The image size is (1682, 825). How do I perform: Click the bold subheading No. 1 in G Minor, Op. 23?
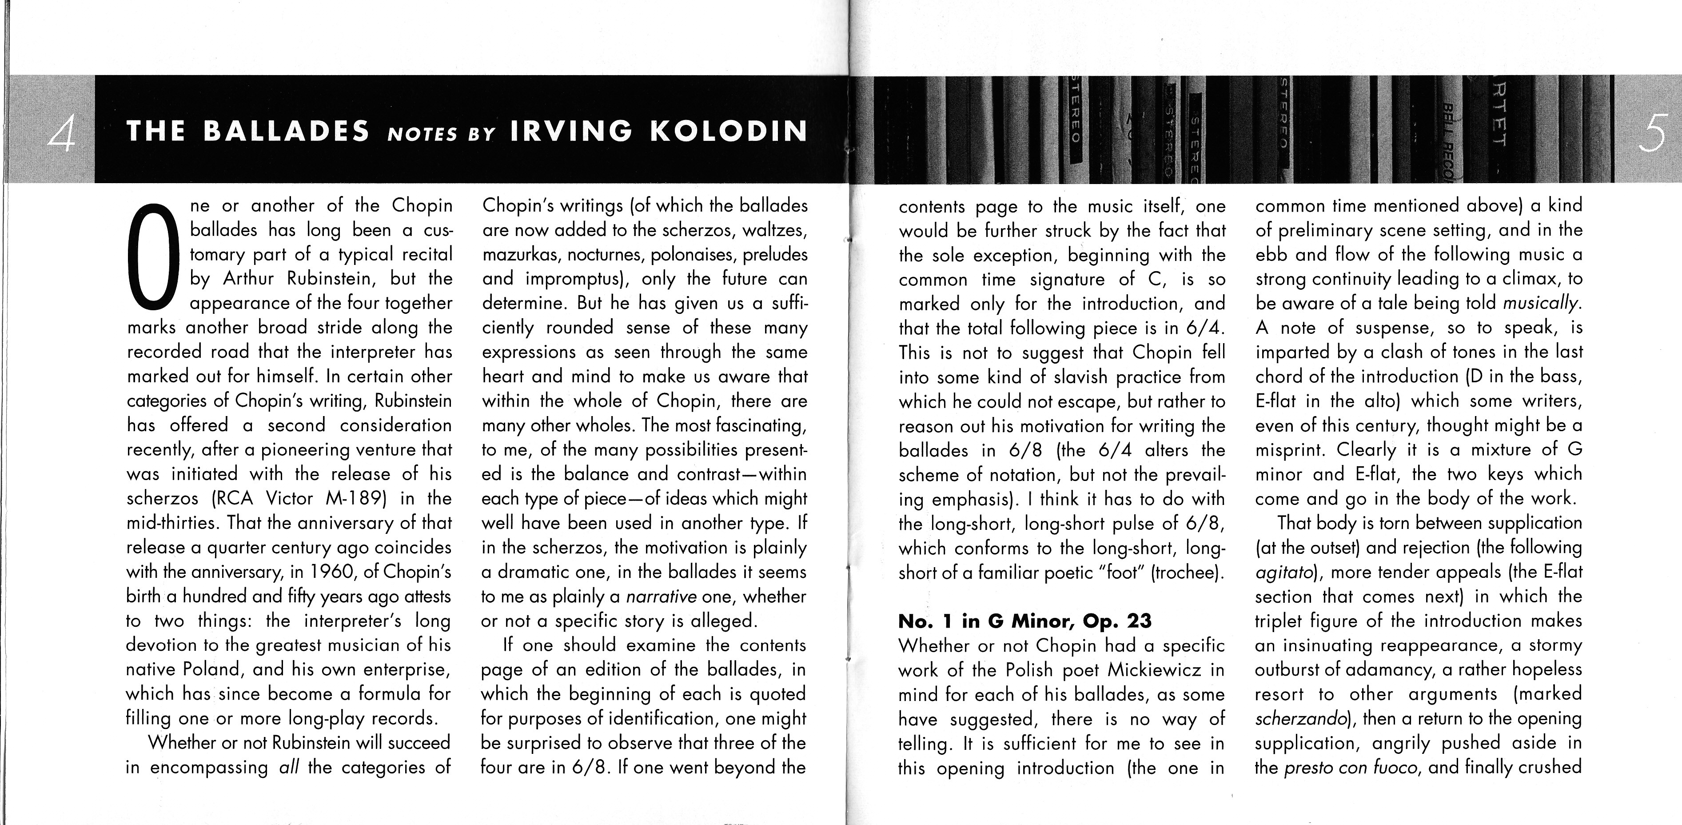tap(1024, 621)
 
